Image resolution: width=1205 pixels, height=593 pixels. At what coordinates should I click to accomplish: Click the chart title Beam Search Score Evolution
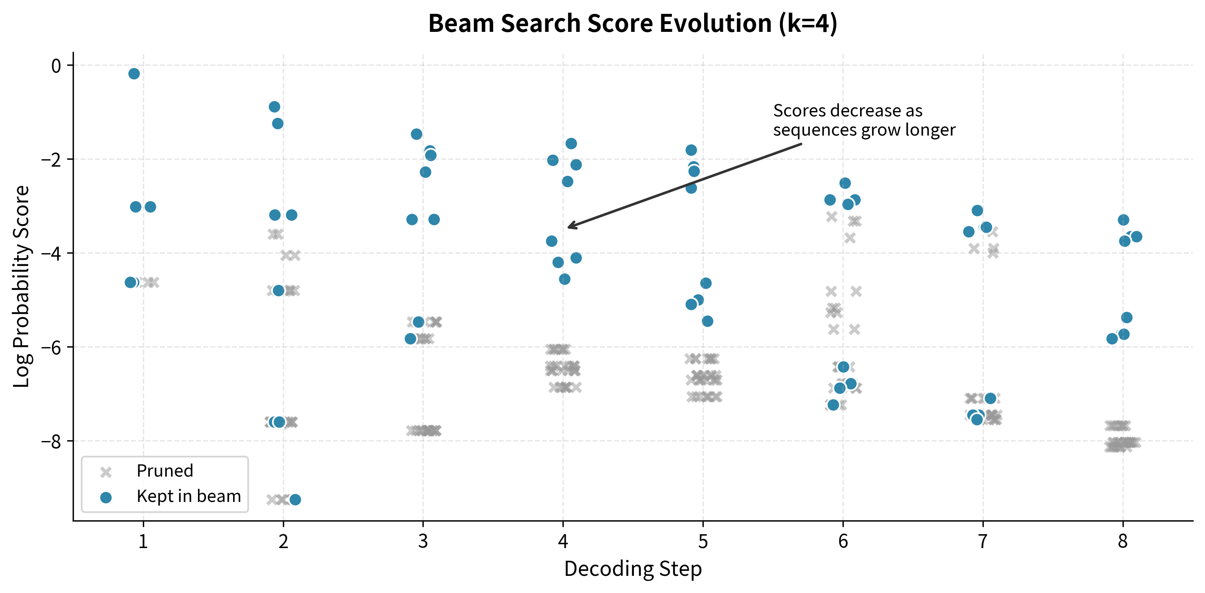click(x=632, y=23)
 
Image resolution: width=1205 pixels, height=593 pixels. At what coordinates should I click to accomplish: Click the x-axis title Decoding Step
click(x=632, y=568)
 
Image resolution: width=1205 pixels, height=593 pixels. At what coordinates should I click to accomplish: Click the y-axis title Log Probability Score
click(x=22, y=286)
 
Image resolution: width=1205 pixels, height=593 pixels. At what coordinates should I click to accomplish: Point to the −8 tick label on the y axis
click(x=51, y=441)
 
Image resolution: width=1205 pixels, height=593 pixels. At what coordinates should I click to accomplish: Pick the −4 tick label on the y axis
click(x=51, y=254)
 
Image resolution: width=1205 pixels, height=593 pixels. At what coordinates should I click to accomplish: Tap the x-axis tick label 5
click(x=703, y=542)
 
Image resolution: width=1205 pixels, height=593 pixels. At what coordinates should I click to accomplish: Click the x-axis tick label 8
click(x=1123, y=542)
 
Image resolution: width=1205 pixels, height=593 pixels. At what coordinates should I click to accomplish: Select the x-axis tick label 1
click(x=143, y=542)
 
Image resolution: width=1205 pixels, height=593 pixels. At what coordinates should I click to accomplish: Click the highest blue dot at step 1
click(x=134, y=74)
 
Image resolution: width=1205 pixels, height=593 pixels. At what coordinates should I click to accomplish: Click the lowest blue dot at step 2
click(x=295, y=499)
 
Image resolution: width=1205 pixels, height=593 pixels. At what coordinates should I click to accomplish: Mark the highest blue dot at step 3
click(x=416, y=134)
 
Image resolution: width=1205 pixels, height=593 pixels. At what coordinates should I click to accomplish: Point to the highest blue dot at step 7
click(x=977, y=211)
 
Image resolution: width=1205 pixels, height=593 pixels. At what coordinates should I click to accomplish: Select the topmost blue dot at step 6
click(x=845, y=183)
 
